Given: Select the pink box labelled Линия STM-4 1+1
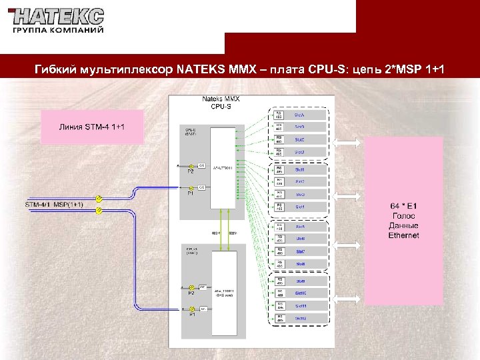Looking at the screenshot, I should coord(92,127).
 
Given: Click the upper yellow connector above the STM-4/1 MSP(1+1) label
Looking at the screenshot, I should coord(98,199).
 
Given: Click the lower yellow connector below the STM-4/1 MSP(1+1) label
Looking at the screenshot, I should coord(99,211).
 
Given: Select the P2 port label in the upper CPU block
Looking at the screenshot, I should coord(190,172).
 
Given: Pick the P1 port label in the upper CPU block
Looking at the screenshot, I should coord(190,194).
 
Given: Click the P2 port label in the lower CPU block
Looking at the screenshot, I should coord(191,293).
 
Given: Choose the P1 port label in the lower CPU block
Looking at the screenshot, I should coord(191,315).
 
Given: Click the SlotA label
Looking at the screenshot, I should coord(300,115).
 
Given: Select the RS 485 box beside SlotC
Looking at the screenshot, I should coord(279,139).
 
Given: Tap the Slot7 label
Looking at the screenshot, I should coord(301,251).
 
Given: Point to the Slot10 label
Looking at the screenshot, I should coord(301,293).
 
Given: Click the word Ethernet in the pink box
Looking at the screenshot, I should coord(404,235).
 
